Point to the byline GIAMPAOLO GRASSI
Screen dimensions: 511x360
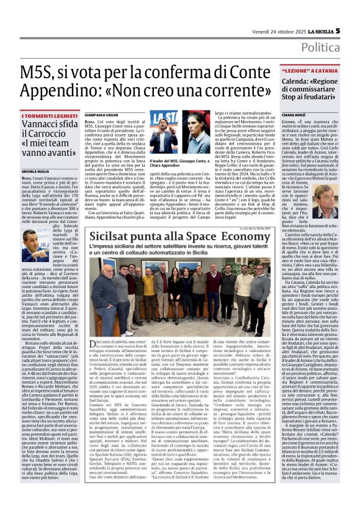point(102,115)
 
